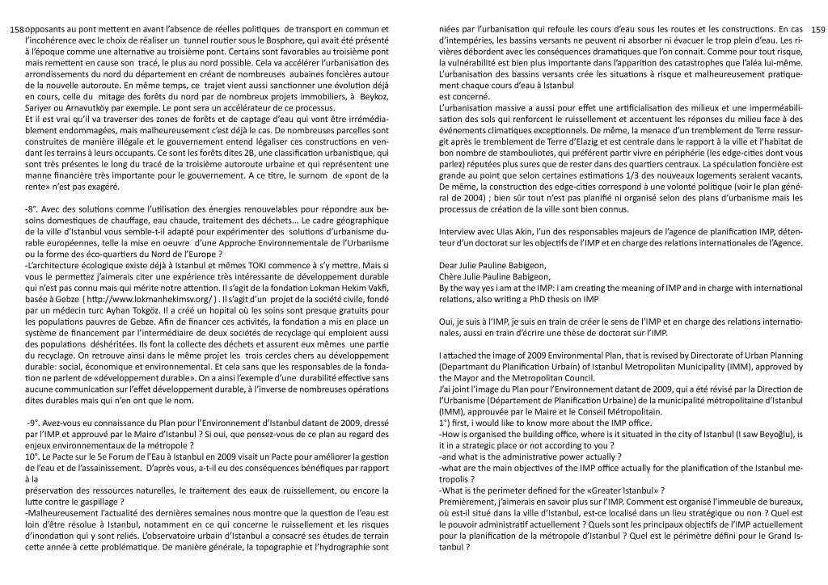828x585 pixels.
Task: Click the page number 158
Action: (x=16, y=29)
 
